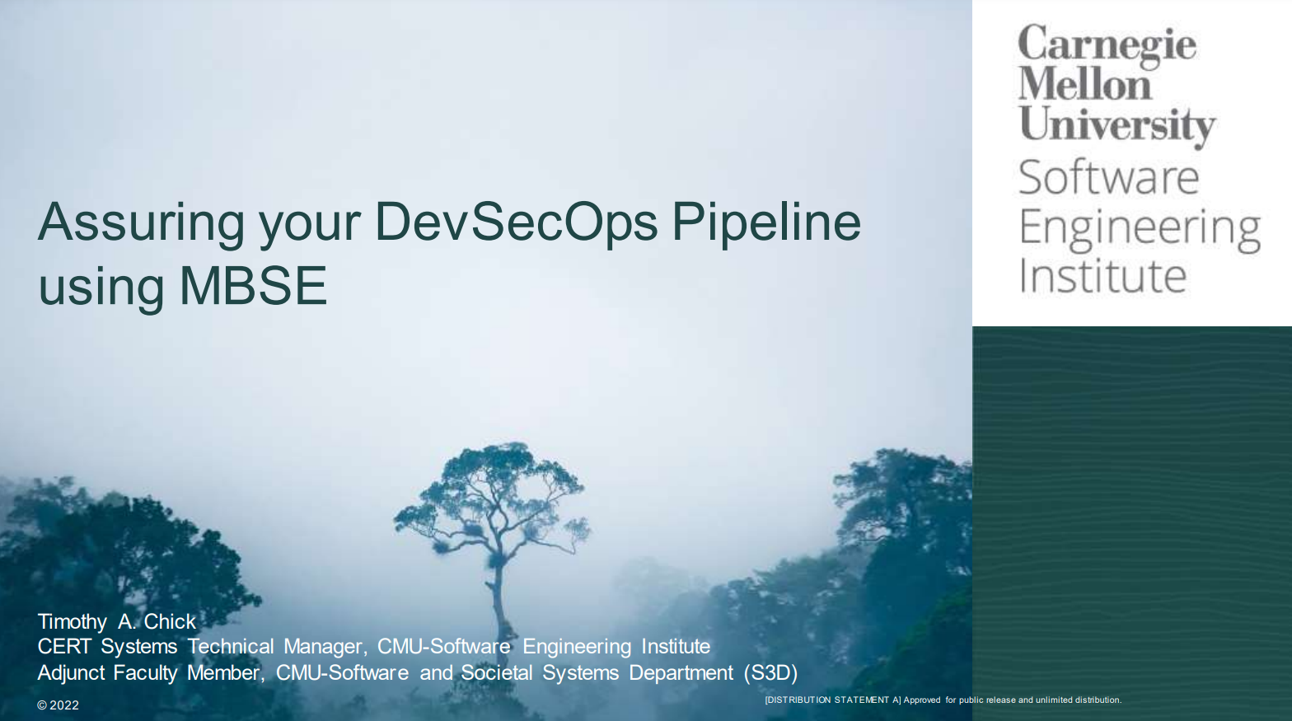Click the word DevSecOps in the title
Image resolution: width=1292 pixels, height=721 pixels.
pyautogui.click(x=516, y=222)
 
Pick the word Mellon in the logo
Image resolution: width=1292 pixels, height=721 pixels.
pyautogui.click(x=1084, y=84)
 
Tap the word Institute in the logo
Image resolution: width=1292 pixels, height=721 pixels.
pyautogui.click(x=1102, y=276)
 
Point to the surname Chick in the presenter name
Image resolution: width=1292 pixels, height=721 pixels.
pyautogui.click(x=170, y=621)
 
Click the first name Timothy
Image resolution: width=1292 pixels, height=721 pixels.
pyautogui.click(x=73, y=622)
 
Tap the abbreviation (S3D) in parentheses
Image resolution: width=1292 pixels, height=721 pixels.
pyautogui.click(x=770, y=673)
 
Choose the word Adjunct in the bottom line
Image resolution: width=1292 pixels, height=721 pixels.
pyautogui.click(x=70, y=673)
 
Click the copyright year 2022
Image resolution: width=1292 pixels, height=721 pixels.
pyautogui.click(x=64, y=705)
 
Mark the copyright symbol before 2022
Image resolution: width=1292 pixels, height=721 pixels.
pyautogui.click(x=42, y=705)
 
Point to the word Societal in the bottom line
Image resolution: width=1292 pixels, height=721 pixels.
pyautogui.click(x=497, y=672)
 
